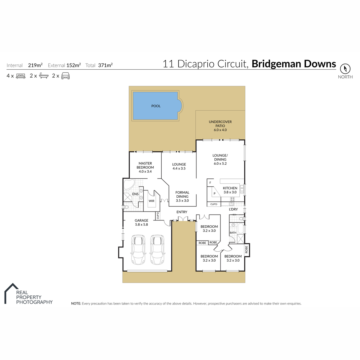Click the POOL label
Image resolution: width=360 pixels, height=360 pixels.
(x=156, y=106)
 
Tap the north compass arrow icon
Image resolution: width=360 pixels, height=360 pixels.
(x=345, y=69)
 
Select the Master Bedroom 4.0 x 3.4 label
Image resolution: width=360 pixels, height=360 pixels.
(x=145, y=167)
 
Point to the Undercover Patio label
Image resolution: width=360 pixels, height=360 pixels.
(x=220, y=126)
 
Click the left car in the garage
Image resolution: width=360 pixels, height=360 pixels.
(x=138, y=250)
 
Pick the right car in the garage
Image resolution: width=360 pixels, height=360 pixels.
(x=157, y=250)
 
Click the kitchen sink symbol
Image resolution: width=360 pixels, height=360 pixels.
(x=242, y=189)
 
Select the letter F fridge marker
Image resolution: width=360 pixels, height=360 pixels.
(x=210, y=183)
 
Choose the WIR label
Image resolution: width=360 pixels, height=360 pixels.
(x=151, y=201)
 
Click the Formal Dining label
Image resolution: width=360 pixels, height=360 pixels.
(x=182, y=196)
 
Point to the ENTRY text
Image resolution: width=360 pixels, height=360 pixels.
(x=182, y=212)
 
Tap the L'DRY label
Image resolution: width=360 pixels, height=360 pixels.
(x=233, y=209)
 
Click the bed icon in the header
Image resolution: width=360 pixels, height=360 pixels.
(x=21, y=76)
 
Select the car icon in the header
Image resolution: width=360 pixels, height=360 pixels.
(x=65, y=76)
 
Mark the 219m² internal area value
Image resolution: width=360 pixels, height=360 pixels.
(x=35, y=65)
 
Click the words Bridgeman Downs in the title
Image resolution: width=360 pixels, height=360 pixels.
(x=294, y=64)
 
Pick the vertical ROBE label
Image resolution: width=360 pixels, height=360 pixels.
(x=246, y=249)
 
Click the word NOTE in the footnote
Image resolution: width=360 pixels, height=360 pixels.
(x=76, y=303)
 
